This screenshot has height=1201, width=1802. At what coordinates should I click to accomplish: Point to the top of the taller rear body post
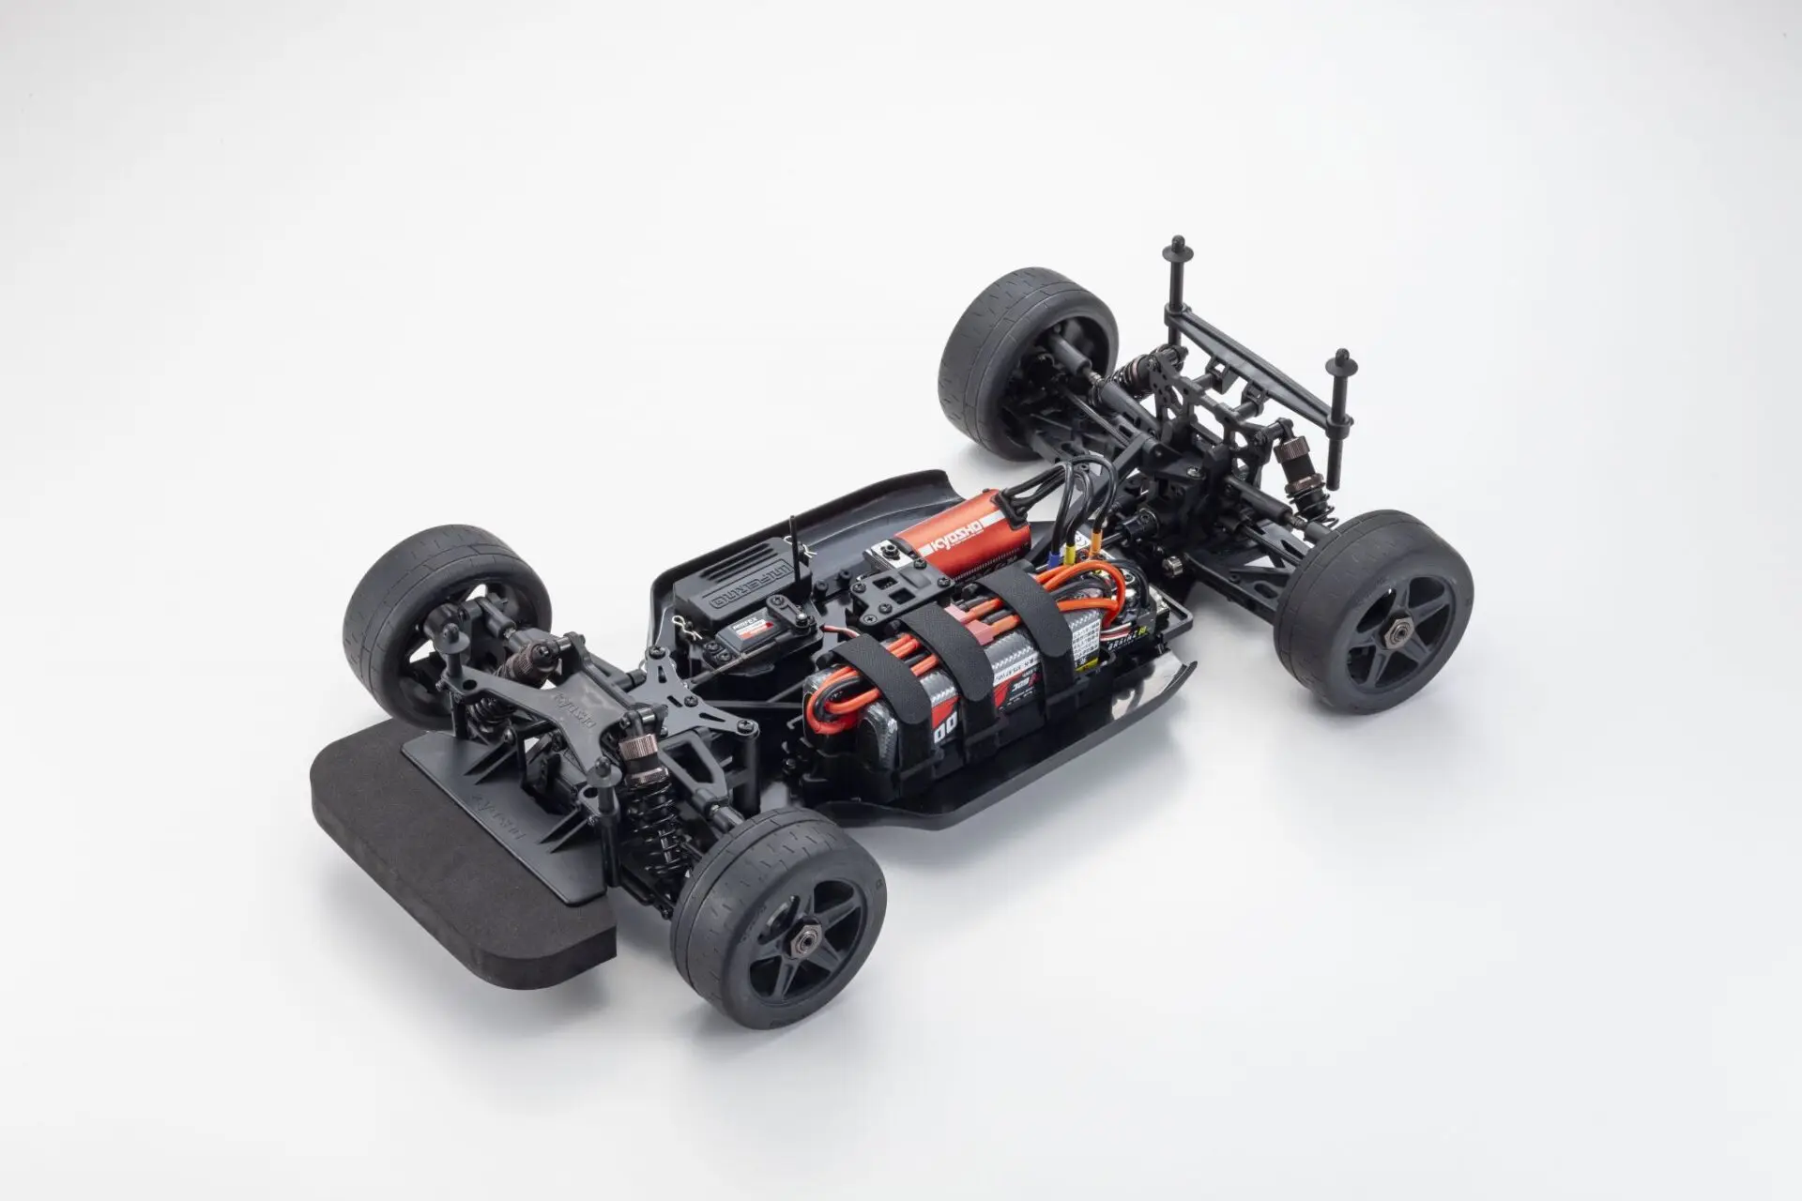(x=1174, y=249)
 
